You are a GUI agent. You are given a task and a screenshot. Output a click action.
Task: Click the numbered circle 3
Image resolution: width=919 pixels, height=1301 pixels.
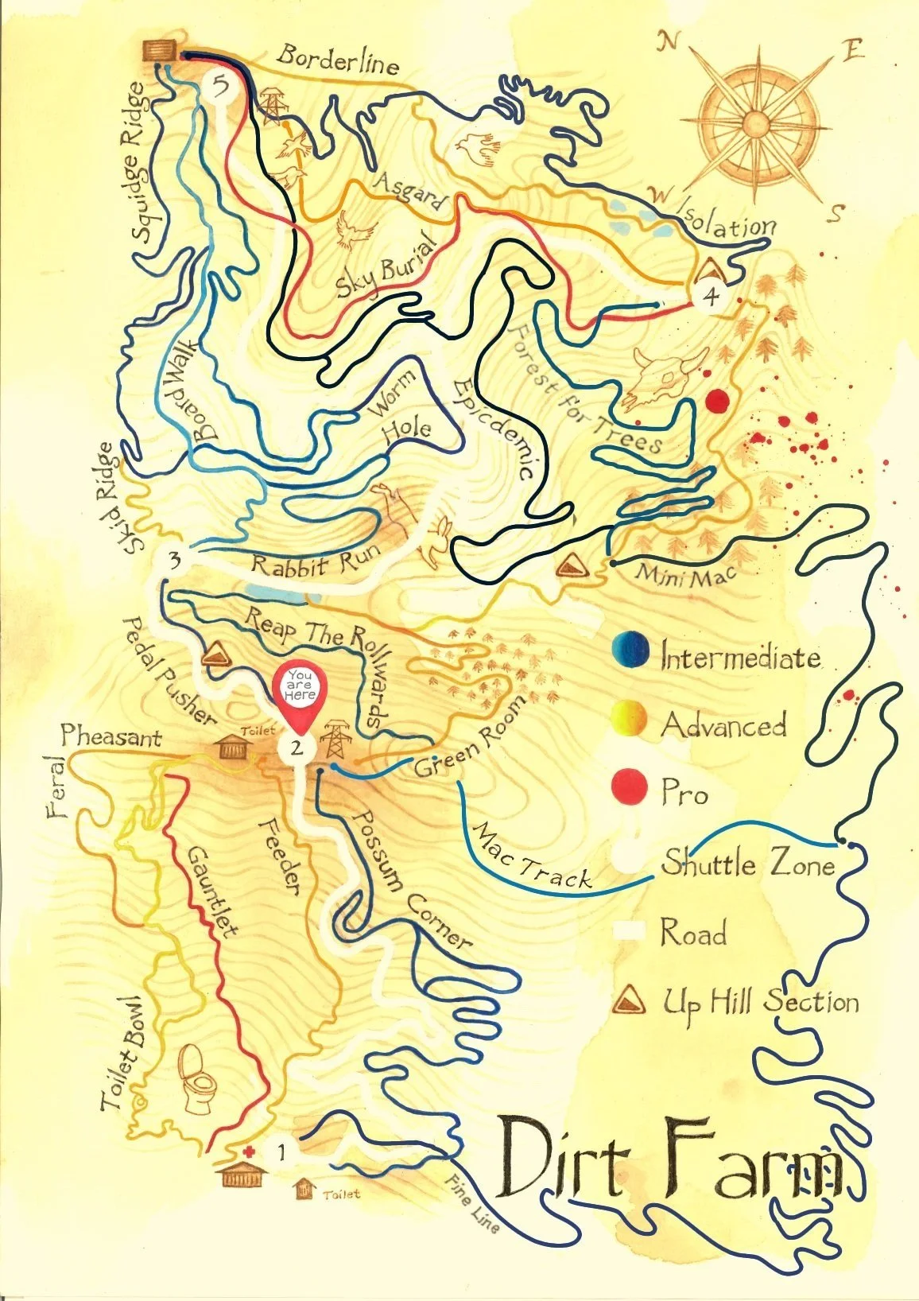174,559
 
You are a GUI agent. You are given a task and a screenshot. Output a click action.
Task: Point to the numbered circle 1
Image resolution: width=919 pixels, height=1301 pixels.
281,1150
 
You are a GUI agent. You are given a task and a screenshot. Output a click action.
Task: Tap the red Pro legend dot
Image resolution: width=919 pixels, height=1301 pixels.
629,787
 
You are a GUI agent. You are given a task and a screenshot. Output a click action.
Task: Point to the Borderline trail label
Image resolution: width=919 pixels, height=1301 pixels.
337,60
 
